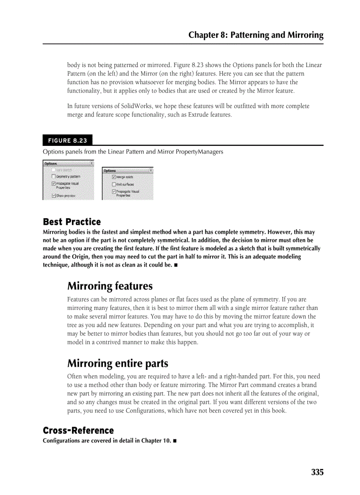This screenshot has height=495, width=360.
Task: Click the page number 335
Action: pyautogui.click(x=317, y=472)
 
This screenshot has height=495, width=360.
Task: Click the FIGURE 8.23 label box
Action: pyautogui.click(x=67, y=141)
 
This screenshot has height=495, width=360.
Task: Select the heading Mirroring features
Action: pyautogui.click(x=110, y=286)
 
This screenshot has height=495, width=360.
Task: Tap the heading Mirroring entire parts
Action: pyautogui.click(x=117, y=364)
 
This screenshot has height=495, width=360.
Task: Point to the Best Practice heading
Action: pyautogui.click(x=71, y=222)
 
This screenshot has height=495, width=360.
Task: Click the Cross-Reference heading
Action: pyautogui.click(x=78, y=430)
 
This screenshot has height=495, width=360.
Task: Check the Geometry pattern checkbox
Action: pyautogui.click(x=53, y=176)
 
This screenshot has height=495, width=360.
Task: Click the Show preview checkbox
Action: pyautogui.click(x=53, y=195)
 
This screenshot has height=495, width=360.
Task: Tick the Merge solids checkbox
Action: pyautogui.click(x=114, y=177)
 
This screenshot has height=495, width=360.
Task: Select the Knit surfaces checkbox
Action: pyautogui.click(x=114, y=184)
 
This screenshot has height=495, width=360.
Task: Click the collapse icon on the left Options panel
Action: pyautogui.click(x=91, y=163)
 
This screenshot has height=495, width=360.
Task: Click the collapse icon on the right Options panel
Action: pyautogui.click(x=151, y=170)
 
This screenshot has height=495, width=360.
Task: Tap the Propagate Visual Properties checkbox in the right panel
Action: pyautogui.click(x=114, y=192)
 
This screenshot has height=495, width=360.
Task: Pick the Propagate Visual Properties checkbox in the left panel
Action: pyautogui.click(x=53, y=184)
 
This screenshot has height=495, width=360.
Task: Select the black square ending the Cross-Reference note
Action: pyautogui.click(x=175, y=441)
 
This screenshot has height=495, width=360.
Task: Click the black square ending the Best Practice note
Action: pyautogui.click(x=176, y=265)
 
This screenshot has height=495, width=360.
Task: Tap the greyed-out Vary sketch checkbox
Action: pyautogui.click(x=53, y=170)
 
